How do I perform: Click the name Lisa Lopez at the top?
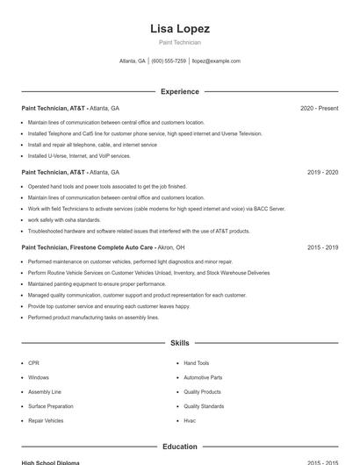click(179, 28)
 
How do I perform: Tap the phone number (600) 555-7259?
click(169, 61)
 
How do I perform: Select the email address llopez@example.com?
click(216, 61)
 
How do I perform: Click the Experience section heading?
click(179, 91)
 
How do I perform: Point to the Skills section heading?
click(179, 343)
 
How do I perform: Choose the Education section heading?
click(179, 447)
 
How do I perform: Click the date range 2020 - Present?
click(319, 108)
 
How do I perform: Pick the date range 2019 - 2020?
click(322, 172)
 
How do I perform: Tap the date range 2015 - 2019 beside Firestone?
click(322, 247)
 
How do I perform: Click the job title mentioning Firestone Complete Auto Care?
click(97, 247)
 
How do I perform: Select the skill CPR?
click(33, 362)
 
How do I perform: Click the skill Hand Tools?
click(196, 362)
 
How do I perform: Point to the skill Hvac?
click(190, 420)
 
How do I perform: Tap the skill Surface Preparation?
click(50, 406)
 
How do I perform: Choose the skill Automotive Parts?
click(203, 377)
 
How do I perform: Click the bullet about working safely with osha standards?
click(64, 219)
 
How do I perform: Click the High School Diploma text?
click(50, 462)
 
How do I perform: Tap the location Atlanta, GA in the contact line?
click(132, 61)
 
